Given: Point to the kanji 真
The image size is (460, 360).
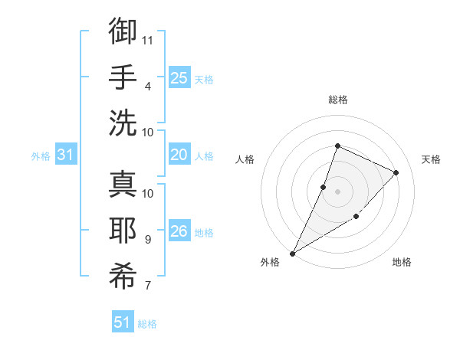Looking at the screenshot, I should tap(123, 185).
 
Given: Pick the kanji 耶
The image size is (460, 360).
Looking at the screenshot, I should tap(123, 230).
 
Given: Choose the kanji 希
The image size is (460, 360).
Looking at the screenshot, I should tap(123, 277).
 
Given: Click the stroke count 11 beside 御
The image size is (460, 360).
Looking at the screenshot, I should tap(149, 40).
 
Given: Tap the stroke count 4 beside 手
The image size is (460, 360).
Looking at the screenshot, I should tap(147, 86).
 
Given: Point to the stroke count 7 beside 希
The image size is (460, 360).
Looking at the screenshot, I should tap(147, 286).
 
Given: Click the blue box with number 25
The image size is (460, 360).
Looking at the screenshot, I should tap(179, 78).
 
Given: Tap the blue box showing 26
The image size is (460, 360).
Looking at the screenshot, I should tap(179, 231).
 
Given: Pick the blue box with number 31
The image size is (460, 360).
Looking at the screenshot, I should tap(66, 155).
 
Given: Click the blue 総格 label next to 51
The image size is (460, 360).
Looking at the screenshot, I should tap(147, 324).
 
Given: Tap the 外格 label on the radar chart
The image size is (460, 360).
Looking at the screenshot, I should tap(270, 262).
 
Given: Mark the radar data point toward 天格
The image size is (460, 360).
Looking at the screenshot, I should tap(396, 172).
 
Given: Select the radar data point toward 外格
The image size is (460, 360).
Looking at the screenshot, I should tap(293, 253).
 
